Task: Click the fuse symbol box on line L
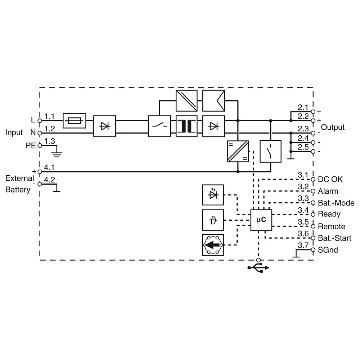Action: click(75, 121)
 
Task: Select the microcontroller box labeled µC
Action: click(261, 220)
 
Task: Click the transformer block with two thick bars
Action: click(186, 126)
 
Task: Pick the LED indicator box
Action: click(213, 195)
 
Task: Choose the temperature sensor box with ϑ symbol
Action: click(213, 220)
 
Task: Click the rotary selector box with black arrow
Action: click(213, 245)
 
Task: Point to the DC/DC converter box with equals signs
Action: click(238, 151)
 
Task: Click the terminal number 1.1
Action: click(49, 116)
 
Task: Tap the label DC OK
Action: click(330, 179)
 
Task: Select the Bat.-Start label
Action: click(334, 238)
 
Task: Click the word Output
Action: click(333, 127)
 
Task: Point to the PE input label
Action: click(31, 145)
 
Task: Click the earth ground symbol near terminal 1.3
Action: click(57, 154)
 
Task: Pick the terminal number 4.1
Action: click(49, 167)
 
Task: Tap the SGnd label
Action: click(328, 250)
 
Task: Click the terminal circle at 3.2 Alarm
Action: click(313, 191)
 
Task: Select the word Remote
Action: click(332, 226)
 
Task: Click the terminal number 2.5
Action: click(303, 147)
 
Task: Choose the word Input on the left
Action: click(14, 133)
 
